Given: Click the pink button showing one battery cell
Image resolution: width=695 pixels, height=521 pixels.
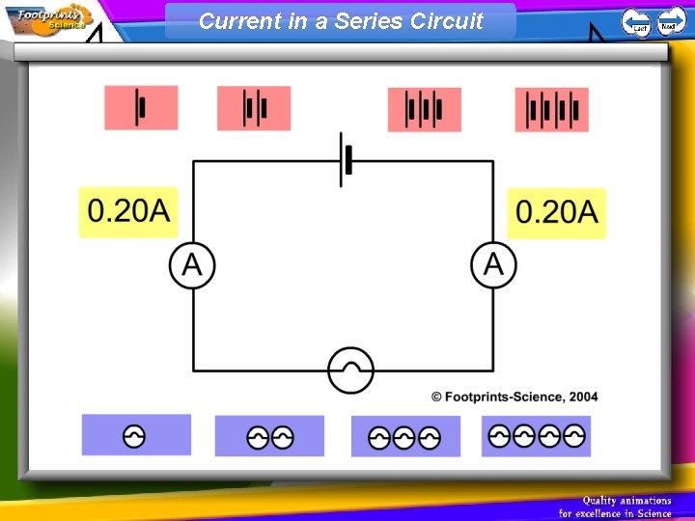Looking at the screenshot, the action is (x=142, y=107).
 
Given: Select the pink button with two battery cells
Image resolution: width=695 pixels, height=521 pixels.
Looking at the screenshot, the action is (x=254, y=108).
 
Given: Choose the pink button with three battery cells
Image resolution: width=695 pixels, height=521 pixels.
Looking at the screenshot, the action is (x=424, y=109).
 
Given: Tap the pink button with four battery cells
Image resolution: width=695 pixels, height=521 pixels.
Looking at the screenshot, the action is (x=551, y=109).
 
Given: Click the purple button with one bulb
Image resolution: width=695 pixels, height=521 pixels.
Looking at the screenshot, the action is (x=136, y=435).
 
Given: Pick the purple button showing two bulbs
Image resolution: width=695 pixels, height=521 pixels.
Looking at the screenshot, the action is (x=269, y=436).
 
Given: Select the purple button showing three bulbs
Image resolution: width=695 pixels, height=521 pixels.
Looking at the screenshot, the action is (x=405, y=437).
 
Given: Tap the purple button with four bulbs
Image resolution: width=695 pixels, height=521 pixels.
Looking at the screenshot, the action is (x=537, y=436).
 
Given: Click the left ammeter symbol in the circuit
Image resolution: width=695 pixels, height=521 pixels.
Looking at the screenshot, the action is (x=193, y=264).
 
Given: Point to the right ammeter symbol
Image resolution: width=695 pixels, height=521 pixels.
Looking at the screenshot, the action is (x=493, y=264).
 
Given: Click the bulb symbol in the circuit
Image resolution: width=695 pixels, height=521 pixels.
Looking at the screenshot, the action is (x=349, y=370).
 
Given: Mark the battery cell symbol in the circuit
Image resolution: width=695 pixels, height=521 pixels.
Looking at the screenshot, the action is (x=346, y=160).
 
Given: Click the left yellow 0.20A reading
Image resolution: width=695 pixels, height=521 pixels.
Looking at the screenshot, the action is (x=129, y=211).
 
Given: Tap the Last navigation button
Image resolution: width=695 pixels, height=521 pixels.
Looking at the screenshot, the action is (x=636, y=21).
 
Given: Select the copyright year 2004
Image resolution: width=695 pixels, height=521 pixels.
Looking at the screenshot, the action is (x=583, y=397).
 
